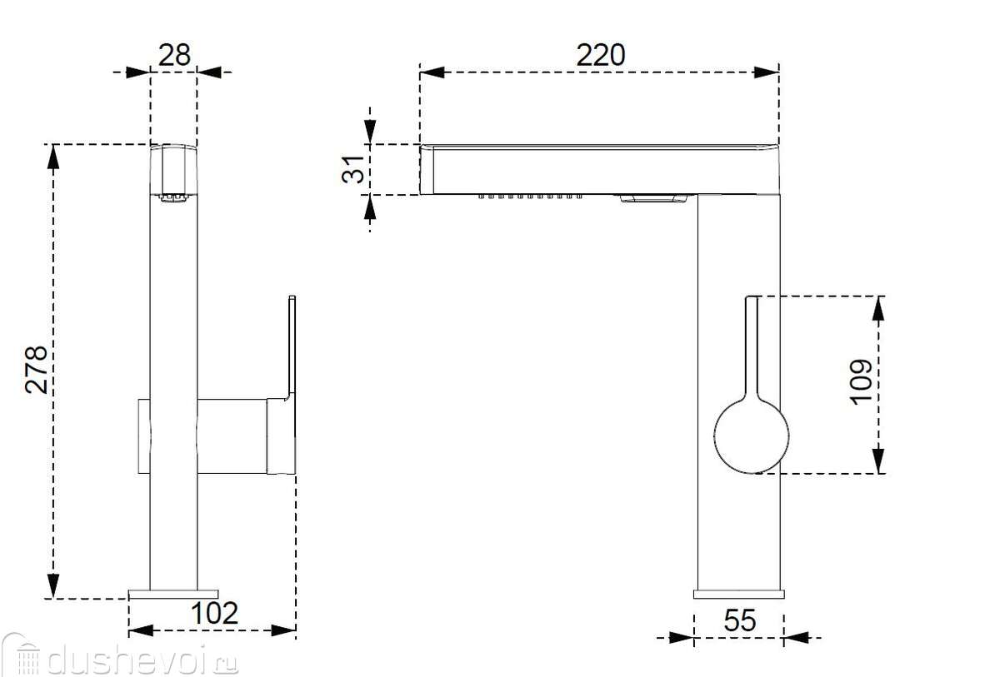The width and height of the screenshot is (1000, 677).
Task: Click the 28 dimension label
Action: (174, 55)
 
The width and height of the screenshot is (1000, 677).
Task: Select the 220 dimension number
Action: (601, 55)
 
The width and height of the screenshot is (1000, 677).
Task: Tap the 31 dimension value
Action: (352, 169)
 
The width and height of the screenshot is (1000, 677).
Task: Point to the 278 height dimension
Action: (36, 370)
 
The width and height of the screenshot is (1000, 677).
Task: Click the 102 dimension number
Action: (214, 613)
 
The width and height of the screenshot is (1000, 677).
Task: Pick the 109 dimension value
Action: (860, 381)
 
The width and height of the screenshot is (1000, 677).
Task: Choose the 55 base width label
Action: (740, 620)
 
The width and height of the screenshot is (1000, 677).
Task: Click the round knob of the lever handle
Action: (752, 436)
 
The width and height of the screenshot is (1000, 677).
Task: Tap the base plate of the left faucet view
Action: (173, 594)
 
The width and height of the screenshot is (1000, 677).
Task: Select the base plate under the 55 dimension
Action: (739, 594)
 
